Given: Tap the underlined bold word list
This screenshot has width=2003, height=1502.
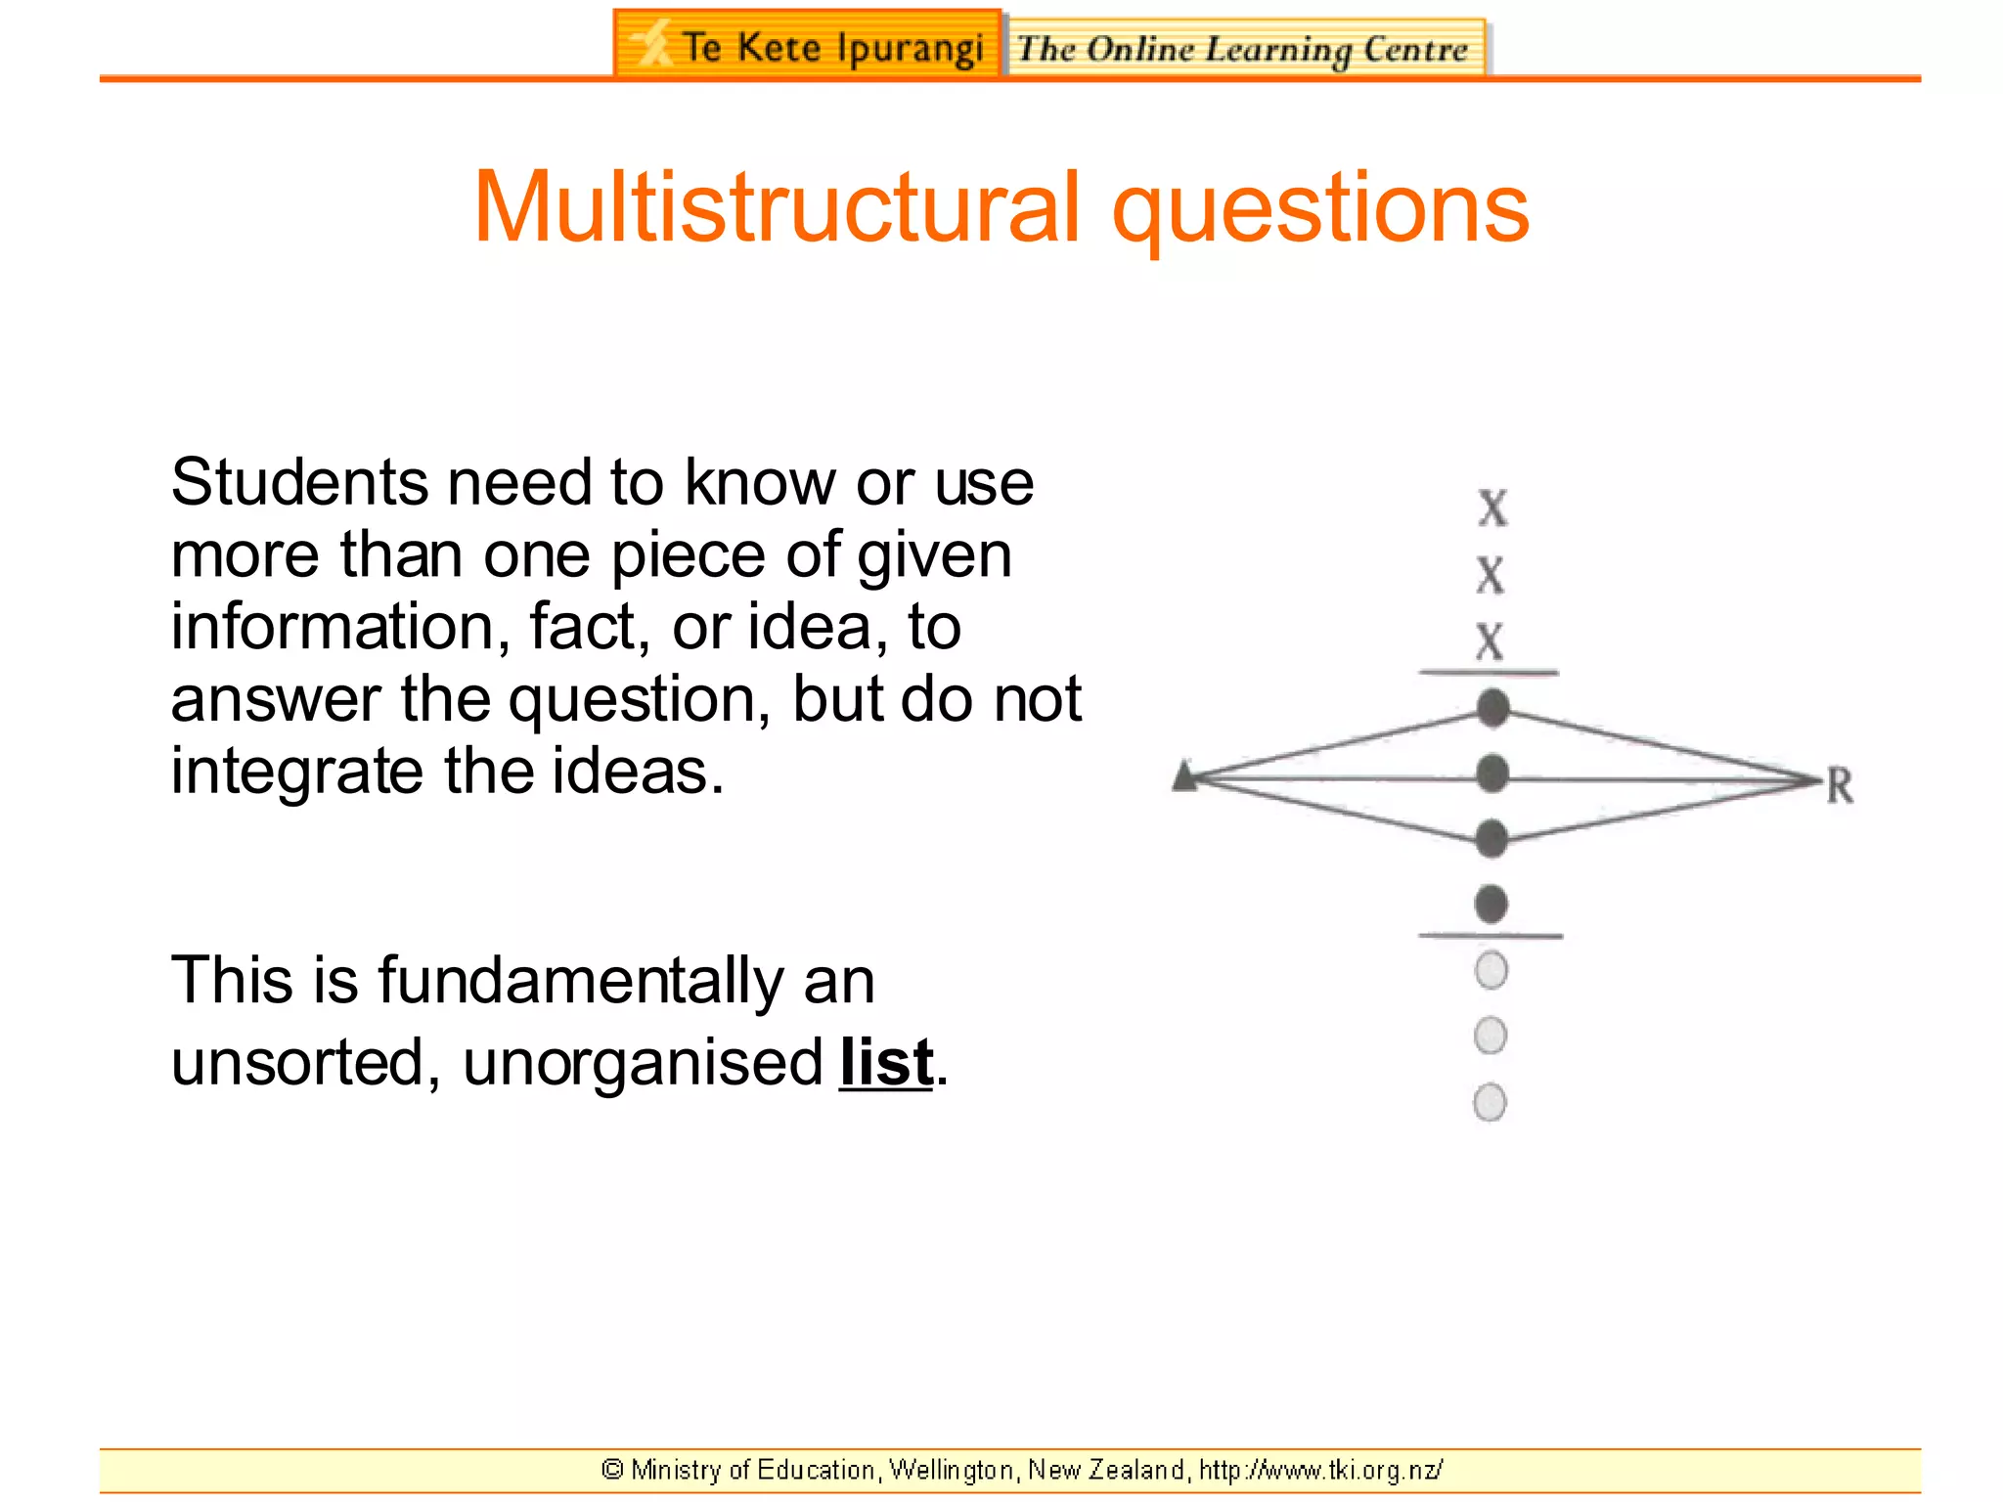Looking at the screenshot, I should pyautogui.click(x=886, y=1062).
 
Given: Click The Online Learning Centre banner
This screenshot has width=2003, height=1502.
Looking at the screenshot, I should pyautogui.click(x=1244, y=48).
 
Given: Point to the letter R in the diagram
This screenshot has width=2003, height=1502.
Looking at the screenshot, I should pyautogui.click(x=1840, y=785).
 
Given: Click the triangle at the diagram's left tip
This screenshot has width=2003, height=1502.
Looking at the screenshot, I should pyautogui.click(x=1185, y=776).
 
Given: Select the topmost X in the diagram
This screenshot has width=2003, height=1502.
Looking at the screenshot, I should pyautogui.click(x=1492, y=508).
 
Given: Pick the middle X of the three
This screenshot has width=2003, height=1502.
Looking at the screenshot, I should pyautogui.click(x=1490, y=574).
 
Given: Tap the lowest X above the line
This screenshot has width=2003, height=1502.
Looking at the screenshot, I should pyautogui.click(x=1490, y=641).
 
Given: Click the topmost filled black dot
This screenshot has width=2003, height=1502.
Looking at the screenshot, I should pyautogui.click(x=1492, y=708).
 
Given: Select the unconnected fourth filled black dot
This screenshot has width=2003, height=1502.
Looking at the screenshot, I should pyautogui.click(x=1491, y=904).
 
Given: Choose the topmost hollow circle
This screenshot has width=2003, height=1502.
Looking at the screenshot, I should pyautogui.click(x=1491, y=970).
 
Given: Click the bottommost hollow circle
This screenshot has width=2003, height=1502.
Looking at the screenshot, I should pyautogui.click(x=1490, y=1102).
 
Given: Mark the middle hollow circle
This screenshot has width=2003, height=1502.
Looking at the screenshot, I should pyautogui.click(x=1490, y=1035).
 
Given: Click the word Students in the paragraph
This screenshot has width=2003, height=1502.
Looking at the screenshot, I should pyautogui.click(x=299, y=482).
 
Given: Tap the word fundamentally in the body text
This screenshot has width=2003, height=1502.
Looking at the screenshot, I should pyautogui.click(x=580, y=980).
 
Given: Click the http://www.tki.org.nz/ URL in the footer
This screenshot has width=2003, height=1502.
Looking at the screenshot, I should pyautogui.click(x=1320, y=1470).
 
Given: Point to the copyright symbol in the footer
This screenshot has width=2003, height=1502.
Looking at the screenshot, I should pyautogui.click(x=613, y=1470).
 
